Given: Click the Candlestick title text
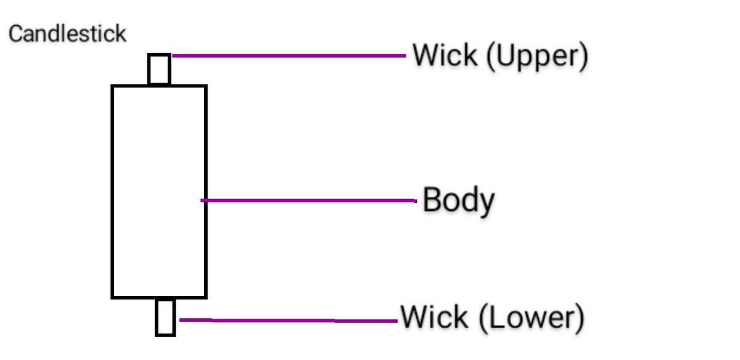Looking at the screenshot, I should point(67,34).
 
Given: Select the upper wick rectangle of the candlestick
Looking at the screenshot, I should point(159,69).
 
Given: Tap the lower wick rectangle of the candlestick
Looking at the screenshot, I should point(165,317).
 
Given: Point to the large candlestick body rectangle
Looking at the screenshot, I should point(158,191).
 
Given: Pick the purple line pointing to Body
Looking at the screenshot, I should point(308,200).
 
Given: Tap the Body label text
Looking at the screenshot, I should point(458,201).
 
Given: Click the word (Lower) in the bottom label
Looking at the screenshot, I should point(530,318).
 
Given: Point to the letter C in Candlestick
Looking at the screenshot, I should point(15,34).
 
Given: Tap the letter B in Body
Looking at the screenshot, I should point(432,200).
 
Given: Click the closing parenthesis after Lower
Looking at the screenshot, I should point(579,318).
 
